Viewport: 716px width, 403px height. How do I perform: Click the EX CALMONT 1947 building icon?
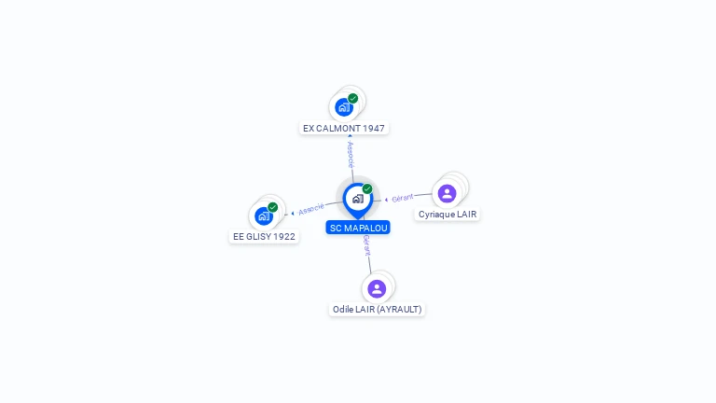(344, 106)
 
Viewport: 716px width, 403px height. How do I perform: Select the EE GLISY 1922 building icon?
(264, 215)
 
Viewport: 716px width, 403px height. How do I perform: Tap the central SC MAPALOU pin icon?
(357, 199)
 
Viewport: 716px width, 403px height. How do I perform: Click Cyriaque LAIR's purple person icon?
(447, 193)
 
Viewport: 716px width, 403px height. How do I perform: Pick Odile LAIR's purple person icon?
(377, 288)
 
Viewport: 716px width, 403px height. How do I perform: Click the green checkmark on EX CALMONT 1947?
(353, 98)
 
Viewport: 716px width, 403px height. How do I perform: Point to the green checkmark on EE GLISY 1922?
(273, 207)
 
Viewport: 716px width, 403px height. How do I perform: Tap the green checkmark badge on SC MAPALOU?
(367, 189)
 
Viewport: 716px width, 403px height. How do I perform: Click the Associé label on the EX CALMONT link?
(351, 154)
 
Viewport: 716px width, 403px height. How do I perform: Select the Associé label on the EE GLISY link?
(311, 209)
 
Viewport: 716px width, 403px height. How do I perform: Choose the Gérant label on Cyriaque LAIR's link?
(403, 198)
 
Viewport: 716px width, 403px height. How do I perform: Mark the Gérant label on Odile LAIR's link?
(367, 245)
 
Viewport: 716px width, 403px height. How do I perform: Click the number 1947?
(373, 128)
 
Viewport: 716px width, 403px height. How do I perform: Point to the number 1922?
(283, 237)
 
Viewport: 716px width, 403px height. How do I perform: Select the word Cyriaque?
(435, 215)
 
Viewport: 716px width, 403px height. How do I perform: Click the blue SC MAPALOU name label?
(358, 228)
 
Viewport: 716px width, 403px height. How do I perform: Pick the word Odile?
(342, 309)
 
